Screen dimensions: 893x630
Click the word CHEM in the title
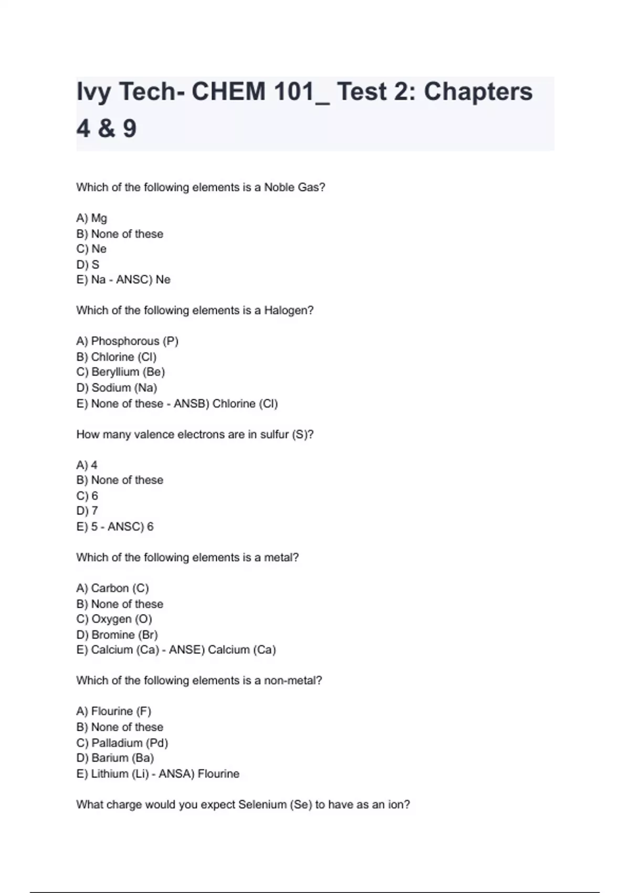(x=228, y=92)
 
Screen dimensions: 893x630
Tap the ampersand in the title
(x=106, y=129)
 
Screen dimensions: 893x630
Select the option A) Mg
(x=92, y=218)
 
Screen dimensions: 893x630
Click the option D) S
(x=88, y=264)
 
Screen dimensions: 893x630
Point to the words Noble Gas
(x=294, y=188)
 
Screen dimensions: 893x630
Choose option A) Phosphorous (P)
(x=128, y=341)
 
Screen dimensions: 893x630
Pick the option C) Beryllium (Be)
(x=121, y=372)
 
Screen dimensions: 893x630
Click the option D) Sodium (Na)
(x=117, y=388)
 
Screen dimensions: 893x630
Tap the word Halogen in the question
(x=288, y=310)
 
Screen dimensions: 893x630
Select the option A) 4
(x=87, y=465)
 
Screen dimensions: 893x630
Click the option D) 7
(x=87, y=511)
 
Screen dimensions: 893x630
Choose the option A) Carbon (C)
(x=113, y=588)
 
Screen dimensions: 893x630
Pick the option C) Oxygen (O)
(x=114, y=619)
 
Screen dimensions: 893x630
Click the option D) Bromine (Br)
(x=117, y=635)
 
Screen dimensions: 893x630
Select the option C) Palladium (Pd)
(x=122, y=743)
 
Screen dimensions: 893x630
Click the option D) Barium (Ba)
(x=115, y=758)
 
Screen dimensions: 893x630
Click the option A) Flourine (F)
(x=114, y=711)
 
